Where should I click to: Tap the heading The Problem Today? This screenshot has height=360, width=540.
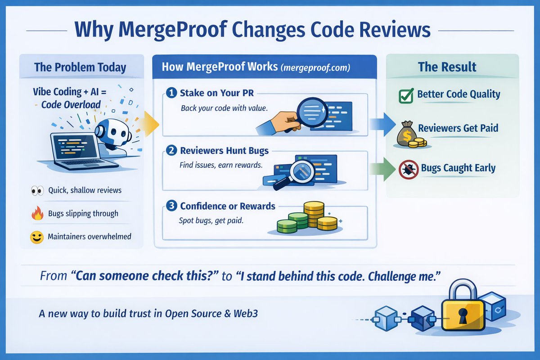tap(80, 67)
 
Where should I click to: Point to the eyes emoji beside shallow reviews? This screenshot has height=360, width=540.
tap(37, 190)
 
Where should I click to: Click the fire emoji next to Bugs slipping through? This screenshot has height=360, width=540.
tap(37, 214)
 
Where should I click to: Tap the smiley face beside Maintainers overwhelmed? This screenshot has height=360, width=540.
tap(37, 237)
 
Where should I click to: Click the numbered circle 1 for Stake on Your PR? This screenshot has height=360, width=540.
tap(171, 93)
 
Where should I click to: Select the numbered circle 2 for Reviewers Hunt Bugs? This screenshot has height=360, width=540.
tap(171, 150)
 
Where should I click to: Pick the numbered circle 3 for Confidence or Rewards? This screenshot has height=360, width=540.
tap(171, 206)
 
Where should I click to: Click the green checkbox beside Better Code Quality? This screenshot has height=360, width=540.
tap(406, 95)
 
